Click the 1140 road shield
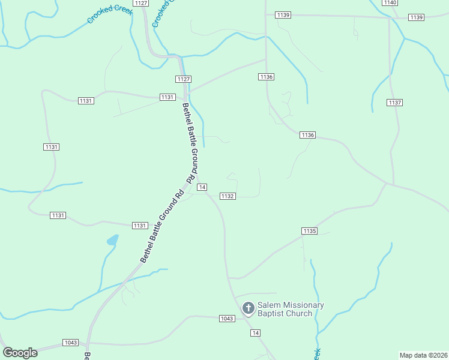pos(390,3)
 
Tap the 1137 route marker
pos(394,103)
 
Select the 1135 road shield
pos(309,231)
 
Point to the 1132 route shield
pos(227,196)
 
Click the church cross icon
pos(248,308)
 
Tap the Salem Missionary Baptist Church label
pos(291,309)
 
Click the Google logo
pos(20,353)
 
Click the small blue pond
pos(112,241)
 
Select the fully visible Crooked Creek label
pos(109,11)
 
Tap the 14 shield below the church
pos(256,333)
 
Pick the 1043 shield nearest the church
pos(226,319)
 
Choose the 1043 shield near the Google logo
pos(70,343)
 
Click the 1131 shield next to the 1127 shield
pos(167,97)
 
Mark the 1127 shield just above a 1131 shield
pos(184,79)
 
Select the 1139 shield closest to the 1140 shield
pos(416,17)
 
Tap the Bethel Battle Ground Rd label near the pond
pos(161,226)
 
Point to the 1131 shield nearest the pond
pos(139,225)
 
